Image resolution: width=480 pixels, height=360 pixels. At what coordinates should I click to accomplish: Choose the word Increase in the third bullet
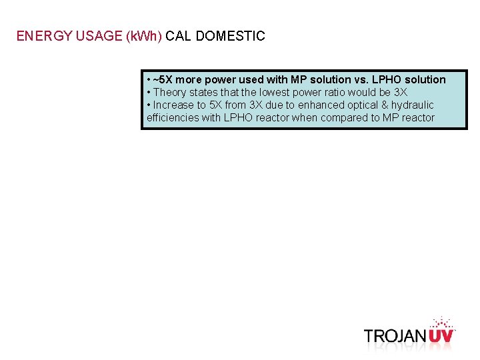(x=175, y=105)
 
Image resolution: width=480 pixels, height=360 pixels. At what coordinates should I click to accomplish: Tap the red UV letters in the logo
(x=441, y=335)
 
